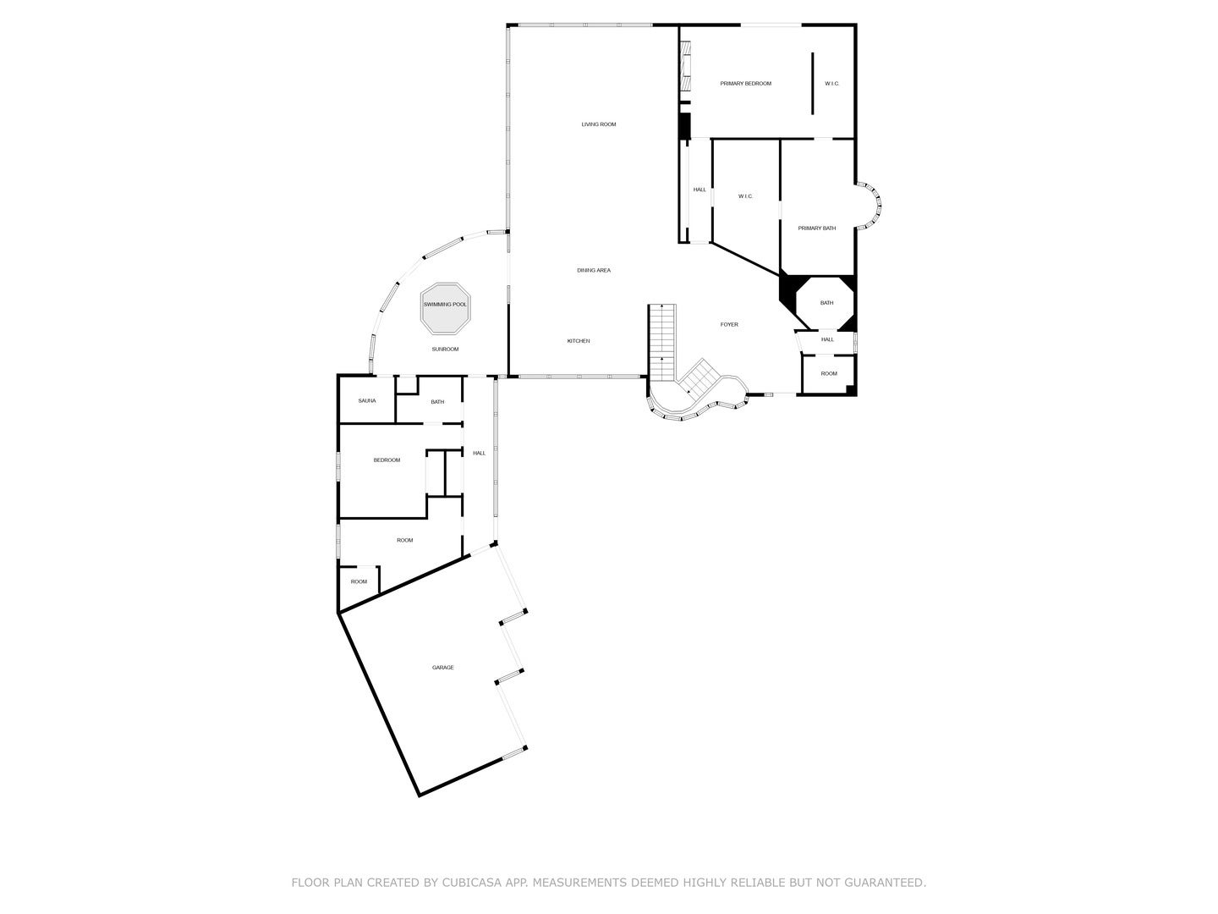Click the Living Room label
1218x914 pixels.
598,124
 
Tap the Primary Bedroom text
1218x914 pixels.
745,84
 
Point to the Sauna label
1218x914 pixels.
366,401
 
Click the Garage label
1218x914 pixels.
442,668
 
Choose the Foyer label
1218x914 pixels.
728,325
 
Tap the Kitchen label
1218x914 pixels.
578,341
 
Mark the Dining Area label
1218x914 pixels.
593,271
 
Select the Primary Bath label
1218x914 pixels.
816,228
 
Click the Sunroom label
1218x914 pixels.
445,350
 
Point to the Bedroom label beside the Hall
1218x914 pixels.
387,460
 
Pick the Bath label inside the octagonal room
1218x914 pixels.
826,303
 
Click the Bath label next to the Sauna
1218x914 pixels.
436,402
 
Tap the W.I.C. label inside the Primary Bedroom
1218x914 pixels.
831,84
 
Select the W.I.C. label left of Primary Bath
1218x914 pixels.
744,196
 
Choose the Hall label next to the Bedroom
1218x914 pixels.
479,454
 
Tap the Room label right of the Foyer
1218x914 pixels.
828,374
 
